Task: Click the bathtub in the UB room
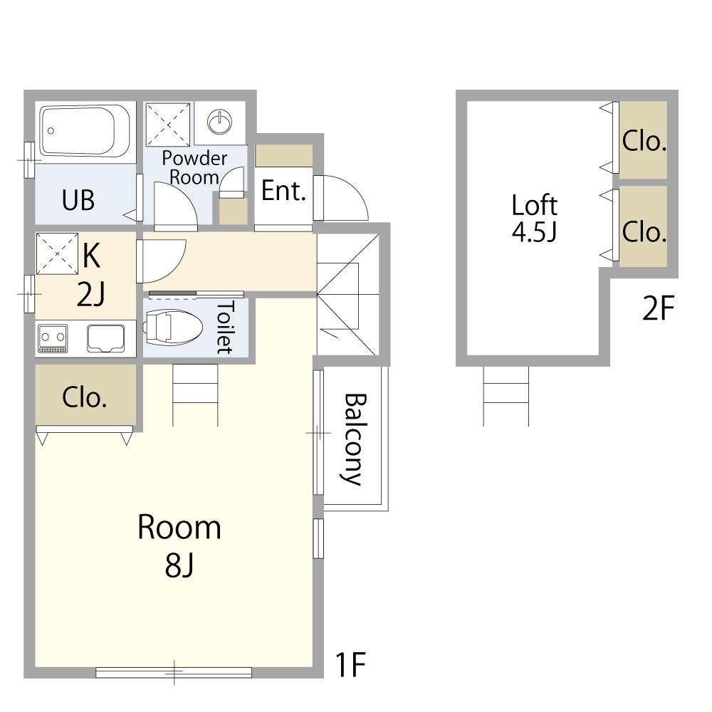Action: [x=85, y=131]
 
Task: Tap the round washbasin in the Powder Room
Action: [x=220, y=122]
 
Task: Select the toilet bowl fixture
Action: [x=173, y=328]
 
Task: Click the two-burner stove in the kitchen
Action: [x=53, y=338]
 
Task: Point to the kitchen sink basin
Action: [x=106, y=338]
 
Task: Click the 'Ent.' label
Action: [x=283, y=191]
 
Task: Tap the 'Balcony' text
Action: [x=353, y=439]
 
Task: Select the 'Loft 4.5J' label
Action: [x=535, y=218]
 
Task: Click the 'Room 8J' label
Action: [x=179, y=545]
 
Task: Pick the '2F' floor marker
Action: [x=658, y=308]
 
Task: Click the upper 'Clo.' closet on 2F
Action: [x=643, y=140]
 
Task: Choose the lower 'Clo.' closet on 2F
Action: [x=643, y=226]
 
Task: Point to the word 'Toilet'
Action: [x=225, y=327]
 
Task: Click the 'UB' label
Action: [x=78, y=200]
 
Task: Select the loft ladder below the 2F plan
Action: [x=506, y=396]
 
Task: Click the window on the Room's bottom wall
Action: [x=174, y=672]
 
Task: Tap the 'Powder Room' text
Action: [x=194, y=167]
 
